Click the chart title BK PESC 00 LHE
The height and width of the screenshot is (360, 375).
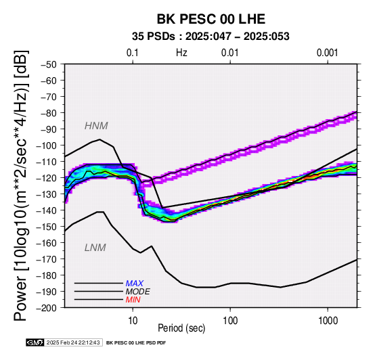click(x=211, y=19)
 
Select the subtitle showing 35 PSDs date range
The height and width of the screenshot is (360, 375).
click(x=211, y=37)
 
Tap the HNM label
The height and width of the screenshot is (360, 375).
click(x=96, y=126)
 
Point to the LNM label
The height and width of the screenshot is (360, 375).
click(x=95, y=248)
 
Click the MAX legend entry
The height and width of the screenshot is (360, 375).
click(x=135, y=284)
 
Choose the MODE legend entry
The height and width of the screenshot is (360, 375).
click(x=138, y=292)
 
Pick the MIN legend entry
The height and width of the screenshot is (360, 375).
click(x=133, y=300)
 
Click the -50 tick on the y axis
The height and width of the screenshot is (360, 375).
click(x=49, y=64)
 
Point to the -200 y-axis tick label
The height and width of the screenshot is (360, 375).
click(x=47, y=308)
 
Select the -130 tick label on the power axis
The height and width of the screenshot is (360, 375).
click(x=47, y=194)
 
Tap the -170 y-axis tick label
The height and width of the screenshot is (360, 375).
click(x=47, y=259)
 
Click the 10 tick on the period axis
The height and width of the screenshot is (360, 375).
click(x=133, y=321)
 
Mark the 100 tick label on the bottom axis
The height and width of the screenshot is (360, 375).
click(x=230, y=321)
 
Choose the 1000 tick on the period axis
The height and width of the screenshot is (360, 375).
click(x=328, y=321)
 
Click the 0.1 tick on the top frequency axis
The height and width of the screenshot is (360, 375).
click(x=133, y=53)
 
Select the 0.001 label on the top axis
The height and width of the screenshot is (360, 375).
click(x=328, y=53)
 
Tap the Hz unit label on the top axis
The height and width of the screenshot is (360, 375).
click(x=181, y=53)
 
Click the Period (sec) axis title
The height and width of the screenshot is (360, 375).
click(x=181, y=328)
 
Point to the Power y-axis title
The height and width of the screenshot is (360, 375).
click(x=20, y=185)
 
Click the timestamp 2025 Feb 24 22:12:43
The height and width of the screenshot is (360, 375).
click(x=73, y=342)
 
